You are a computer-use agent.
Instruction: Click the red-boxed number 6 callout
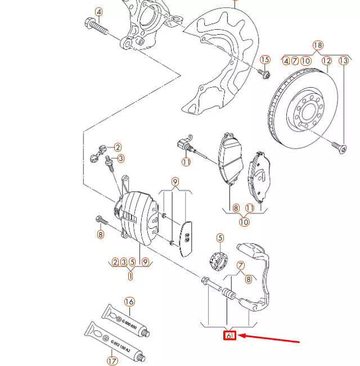pos(229,336)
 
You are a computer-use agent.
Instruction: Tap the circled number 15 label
pos(265,60)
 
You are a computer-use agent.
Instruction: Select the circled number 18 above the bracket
pos(318,45)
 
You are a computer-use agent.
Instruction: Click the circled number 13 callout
pos(343,61)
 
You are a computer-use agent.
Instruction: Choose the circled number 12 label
pos(327,61)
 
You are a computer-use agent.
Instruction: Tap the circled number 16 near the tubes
pos(129,302)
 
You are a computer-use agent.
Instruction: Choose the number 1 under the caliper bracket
pos(130,276)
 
